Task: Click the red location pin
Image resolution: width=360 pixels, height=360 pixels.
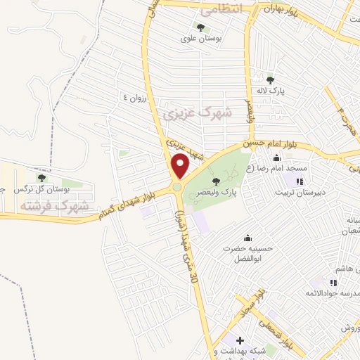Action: click(x=181, y=166)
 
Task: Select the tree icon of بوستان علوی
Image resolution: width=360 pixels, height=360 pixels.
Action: click(x=200, y=28)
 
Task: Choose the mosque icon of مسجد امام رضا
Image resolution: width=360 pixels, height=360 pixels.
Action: click(x=276, y=157)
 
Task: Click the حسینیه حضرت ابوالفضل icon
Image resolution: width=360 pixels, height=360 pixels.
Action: click(x=247, y=238)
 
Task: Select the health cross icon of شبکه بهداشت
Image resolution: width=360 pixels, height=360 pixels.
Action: click(x=239, y=340)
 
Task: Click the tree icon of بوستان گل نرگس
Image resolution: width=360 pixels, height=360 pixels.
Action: click(x=41, y=178)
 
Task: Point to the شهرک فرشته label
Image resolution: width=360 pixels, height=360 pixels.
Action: click(x=55, y=206)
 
